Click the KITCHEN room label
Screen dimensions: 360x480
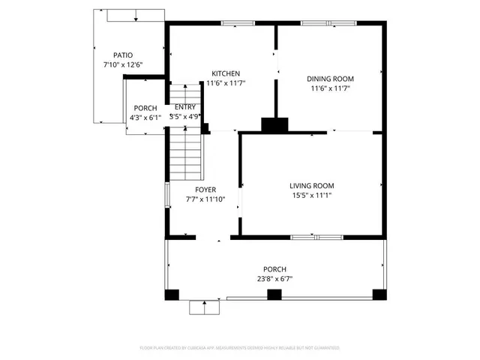pyautogui.click(x=226, y=73)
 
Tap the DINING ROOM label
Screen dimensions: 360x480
pyautogui.click(x=330, y=79)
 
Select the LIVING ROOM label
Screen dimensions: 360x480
pyautogui.click(x=312, y=186)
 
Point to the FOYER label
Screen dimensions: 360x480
pyautogui.click(x=205, y=190)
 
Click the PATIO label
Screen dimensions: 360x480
pyautogui.click(x=123, y=55)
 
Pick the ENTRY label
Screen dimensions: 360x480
pyautogui.click(x=184, y=107)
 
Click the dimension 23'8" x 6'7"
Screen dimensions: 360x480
pyautogui.click(x=274, y=279)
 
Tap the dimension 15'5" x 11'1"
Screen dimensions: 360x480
pyautogui.click(x=312, y=196)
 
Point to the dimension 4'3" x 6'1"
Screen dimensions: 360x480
pyautogui.click(x=145, y=117)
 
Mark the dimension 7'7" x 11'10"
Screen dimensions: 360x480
pyautogui.click(x=205, y=199)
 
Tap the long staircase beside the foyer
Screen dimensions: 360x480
pyautogui.click(x=184, y=154)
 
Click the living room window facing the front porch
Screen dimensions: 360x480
pyautogui.click(x=316, y=238)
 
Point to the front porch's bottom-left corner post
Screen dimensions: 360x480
pyautogui.click(x=172, y=295)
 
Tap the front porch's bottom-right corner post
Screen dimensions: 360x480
pyautogui.click(x=379, y=295)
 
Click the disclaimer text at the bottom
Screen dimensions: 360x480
pyautogui.click(x=240, y=348)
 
